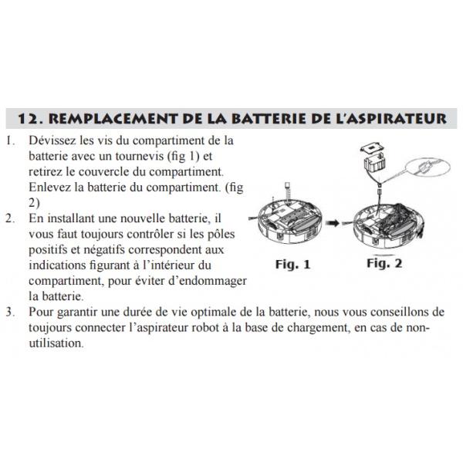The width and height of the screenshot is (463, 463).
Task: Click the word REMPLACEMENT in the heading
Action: tap(113, 119)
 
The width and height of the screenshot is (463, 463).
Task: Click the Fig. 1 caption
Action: tap(292, 264)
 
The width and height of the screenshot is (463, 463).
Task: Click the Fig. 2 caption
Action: tap(384, 263)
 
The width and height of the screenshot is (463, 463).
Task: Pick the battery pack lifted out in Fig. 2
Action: tap(375, 164)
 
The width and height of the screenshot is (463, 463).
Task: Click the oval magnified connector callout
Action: tap(428, 167)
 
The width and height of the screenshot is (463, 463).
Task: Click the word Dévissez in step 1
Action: tap(52, 140)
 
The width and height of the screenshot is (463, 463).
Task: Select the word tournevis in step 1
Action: tap(139, 156)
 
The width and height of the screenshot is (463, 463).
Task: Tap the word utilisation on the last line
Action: tap(56, 343)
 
